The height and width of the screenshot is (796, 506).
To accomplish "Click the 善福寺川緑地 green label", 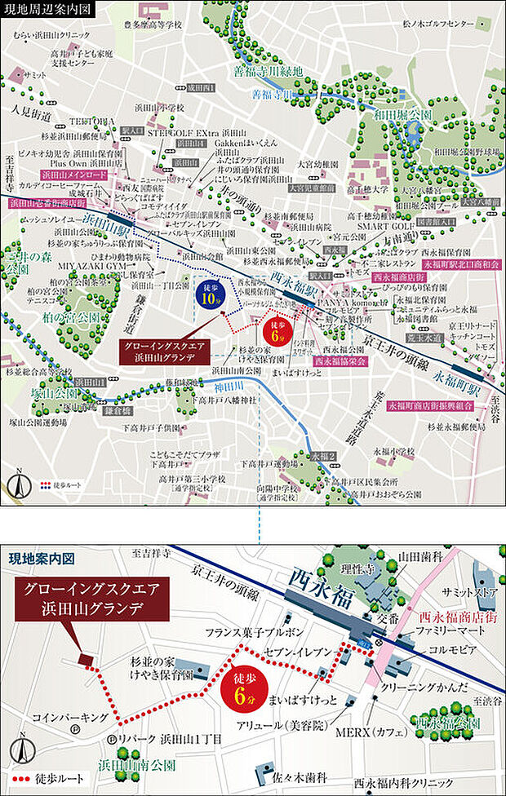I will [x=268, y=69].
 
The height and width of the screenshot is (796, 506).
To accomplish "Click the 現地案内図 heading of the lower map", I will [x=42, y=559].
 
